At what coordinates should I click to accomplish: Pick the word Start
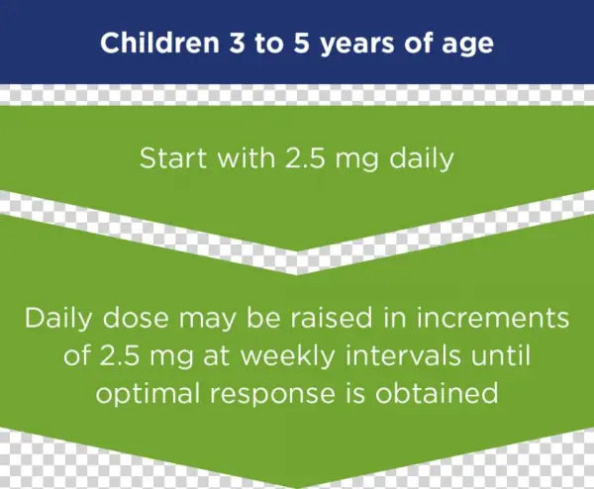(x=169, y=158)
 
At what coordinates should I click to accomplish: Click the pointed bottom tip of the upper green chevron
(x=297, y=248)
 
